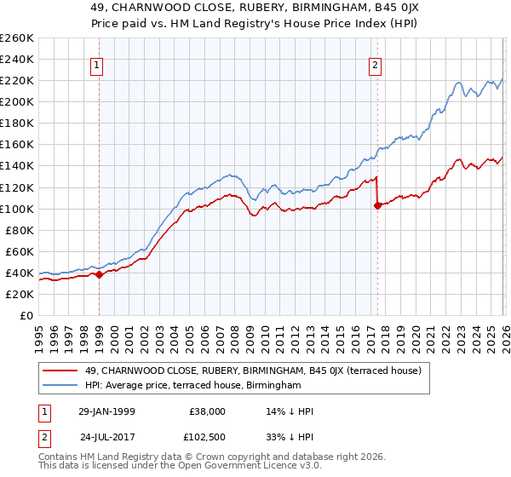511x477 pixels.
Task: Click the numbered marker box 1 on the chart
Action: [x=97, y=65]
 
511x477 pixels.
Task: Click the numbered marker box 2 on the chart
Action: [x=375, y=65]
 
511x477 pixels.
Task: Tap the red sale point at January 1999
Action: [x=99, y=274]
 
